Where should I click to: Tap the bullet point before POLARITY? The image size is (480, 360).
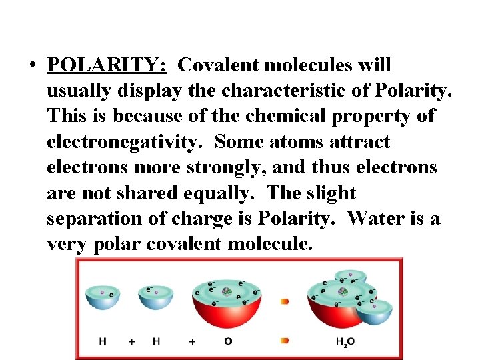[31, 66]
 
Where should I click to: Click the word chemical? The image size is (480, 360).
[291, 117]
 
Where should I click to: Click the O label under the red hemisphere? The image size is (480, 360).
[228, 341]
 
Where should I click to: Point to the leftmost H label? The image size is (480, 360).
[103, 341]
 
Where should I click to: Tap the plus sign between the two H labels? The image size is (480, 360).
[131, 341]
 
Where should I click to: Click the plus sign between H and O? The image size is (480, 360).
[192, 341]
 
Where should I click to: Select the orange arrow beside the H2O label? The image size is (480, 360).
[285, 341]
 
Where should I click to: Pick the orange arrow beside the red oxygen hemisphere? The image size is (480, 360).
[285, 301]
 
